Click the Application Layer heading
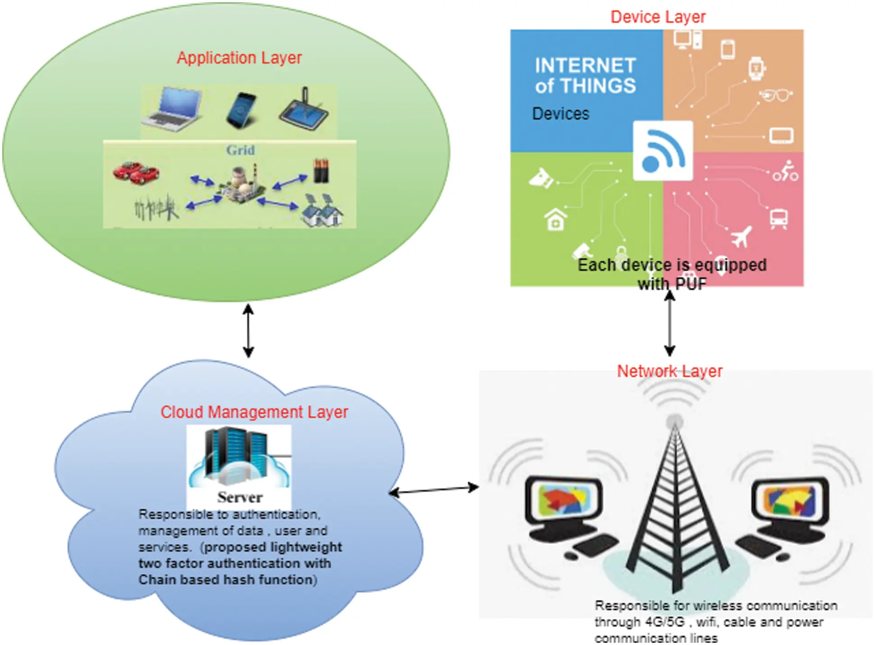pos(239,58)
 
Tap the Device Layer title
pos(658,17)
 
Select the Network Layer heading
pos(669,371)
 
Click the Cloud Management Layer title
pos(254,412)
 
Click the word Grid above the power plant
pos(240,150)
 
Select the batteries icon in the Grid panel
pos(321,170)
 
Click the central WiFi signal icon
pos(663,151)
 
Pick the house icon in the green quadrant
pos(555,220)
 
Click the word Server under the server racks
pos(239,498)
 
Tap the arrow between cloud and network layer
pos(433,490)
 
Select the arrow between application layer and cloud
pos(248,331)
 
